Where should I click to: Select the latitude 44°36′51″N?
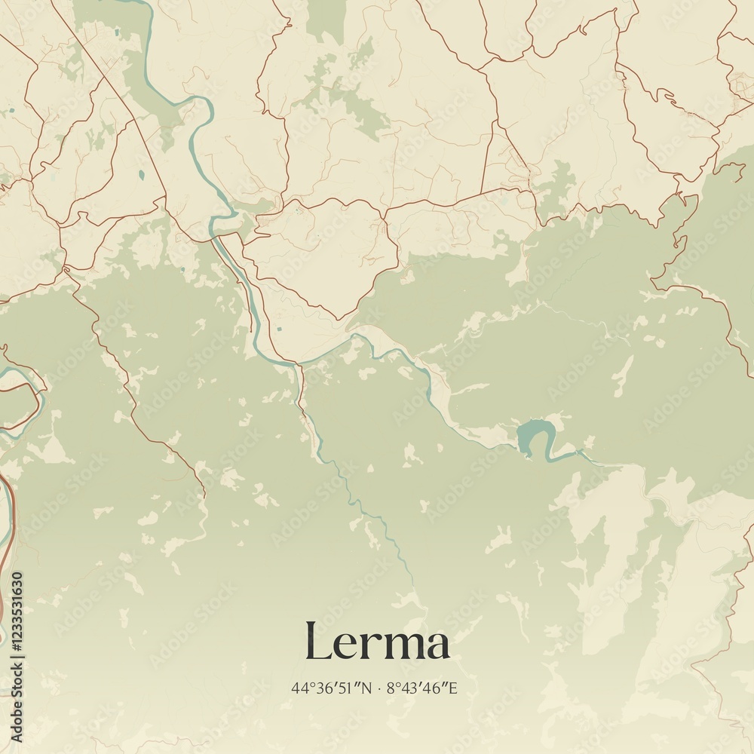(332, 688)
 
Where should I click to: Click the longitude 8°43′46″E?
(422, 688)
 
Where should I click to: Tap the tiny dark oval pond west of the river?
(141, 175)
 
